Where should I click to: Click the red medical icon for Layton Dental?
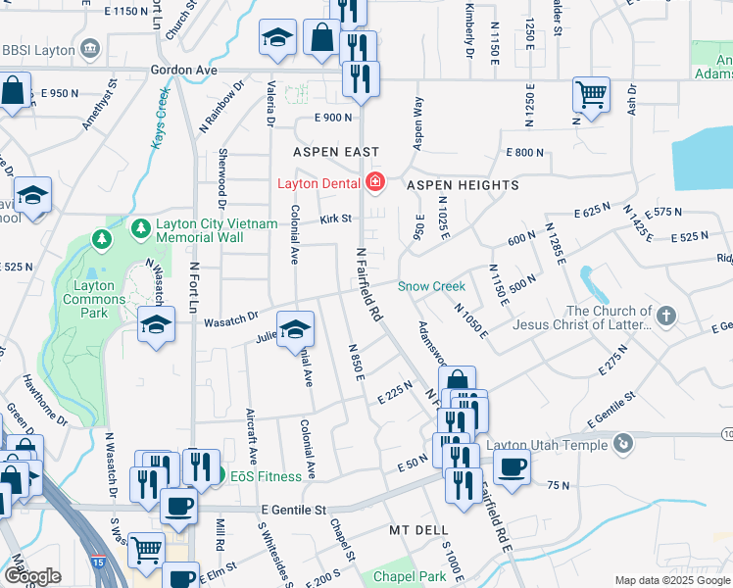[x=373, y=181]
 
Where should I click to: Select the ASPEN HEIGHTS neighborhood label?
[x=448, y=184]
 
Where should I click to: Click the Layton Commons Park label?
[x=94, y=299]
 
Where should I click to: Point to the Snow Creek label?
[x=431, y=286]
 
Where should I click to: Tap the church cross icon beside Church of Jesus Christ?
[x=665, y=316]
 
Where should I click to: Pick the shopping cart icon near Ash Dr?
[x=590, y=95]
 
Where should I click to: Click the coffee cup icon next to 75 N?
[x=511, y=465]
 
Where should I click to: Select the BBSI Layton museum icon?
[x=91, y=48]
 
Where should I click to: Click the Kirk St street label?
[x=335, y=219]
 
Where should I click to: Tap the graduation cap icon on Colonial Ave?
[x=294, y=329]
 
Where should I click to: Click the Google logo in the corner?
[x=32, y=576]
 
